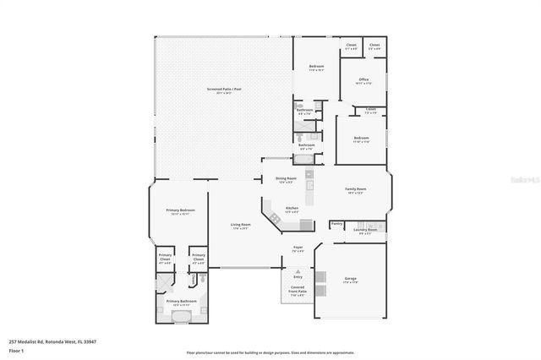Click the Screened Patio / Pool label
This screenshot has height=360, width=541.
(224, 90)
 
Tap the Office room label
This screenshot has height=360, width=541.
(363, 81)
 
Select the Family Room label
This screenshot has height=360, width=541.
(355, 190)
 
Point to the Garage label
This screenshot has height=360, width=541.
(350, 279)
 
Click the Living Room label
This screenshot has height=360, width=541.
(241, 226)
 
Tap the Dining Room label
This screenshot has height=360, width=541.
(286, 179)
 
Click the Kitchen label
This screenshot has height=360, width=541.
(292, 209)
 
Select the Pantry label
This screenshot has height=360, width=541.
(336, 224)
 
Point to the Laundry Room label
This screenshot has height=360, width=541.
(365, 230)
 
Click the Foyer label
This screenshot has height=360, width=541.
(298, 249)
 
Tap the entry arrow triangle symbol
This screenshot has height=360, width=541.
(298, 265)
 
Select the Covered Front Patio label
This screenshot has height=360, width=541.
(298, 292)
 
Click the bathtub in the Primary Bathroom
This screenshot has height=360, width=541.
(180, 316)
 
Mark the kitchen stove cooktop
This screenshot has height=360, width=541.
(306, 224)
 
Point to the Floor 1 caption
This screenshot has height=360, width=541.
(17, 349)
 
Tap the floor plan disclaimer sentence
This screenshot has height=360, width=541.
(270, 352)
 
